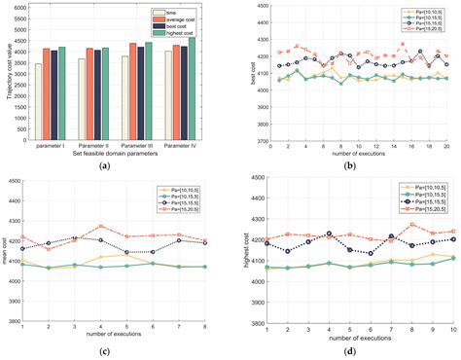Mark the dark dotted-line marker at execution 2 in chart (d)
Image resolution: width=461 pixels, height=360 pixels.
click(x=286, y=251)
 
